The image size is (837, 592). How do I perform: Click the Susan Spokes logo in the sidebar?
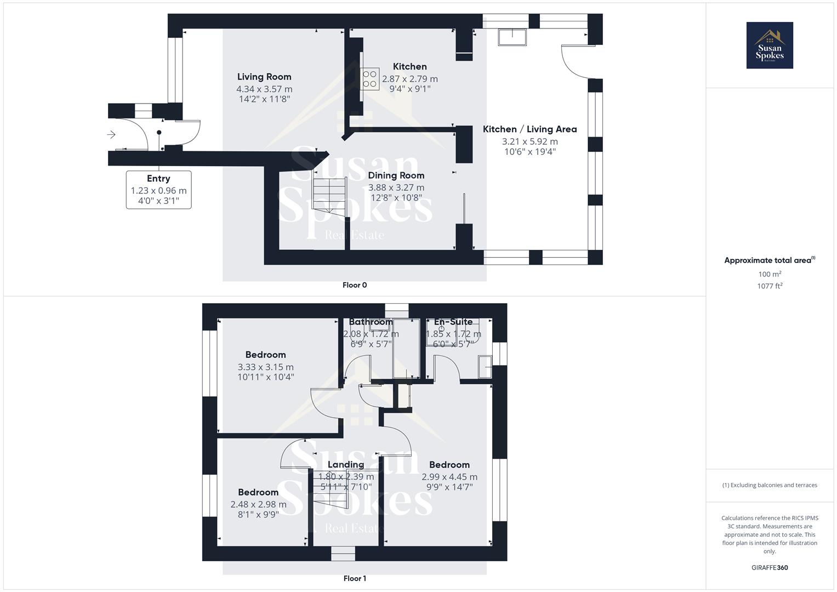(770, 45)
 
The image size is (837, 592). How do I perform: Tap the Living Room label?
(264, 77)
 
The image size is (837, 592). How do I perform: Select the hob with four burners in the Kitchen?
(369, 79)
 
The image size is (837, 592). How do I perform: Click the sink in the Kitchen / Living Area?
(512, 37)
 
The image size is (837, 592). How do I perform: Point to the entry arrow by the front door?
(111, 134)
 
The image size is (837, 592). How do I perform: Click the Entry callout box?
(158, 190)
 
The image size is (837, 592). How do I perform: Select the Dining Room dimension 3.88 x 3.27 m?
(396, 187)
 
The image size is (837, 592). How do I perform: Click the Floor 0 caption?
(355, 285)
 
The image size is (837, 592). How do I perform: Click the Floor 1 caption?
(355, 578)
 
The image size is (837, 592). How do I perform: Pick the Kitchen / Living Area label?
(529, 129)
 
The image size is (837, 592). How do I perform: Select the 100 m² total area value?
(770, 274)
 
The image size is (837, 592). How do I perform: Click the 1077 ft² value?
(770, 286)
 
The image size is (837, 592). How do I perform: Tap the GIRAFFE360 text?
(770, 567)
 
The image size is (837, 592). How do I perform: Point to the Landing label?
(346, 465)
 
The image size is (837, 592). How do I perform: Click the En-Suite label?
(453, 322)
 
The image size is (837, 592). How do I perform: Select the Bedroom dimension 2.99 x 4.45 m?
(449, 477)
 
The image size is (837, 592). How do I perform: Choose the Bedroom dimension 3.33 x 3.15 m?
(265, 367)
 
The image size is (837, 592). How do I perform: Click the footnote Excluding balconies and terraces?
(770, 485)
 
